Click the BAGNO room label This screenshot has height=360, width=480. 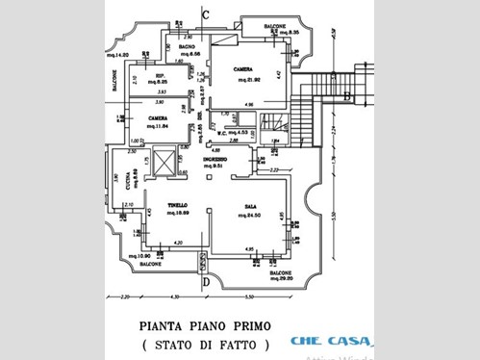click(x=189, y=47)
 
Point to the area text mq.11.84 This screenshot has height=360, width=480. click(x=158, y=126)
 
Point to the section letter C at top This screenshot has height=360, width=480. click(x=207, y=13)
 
